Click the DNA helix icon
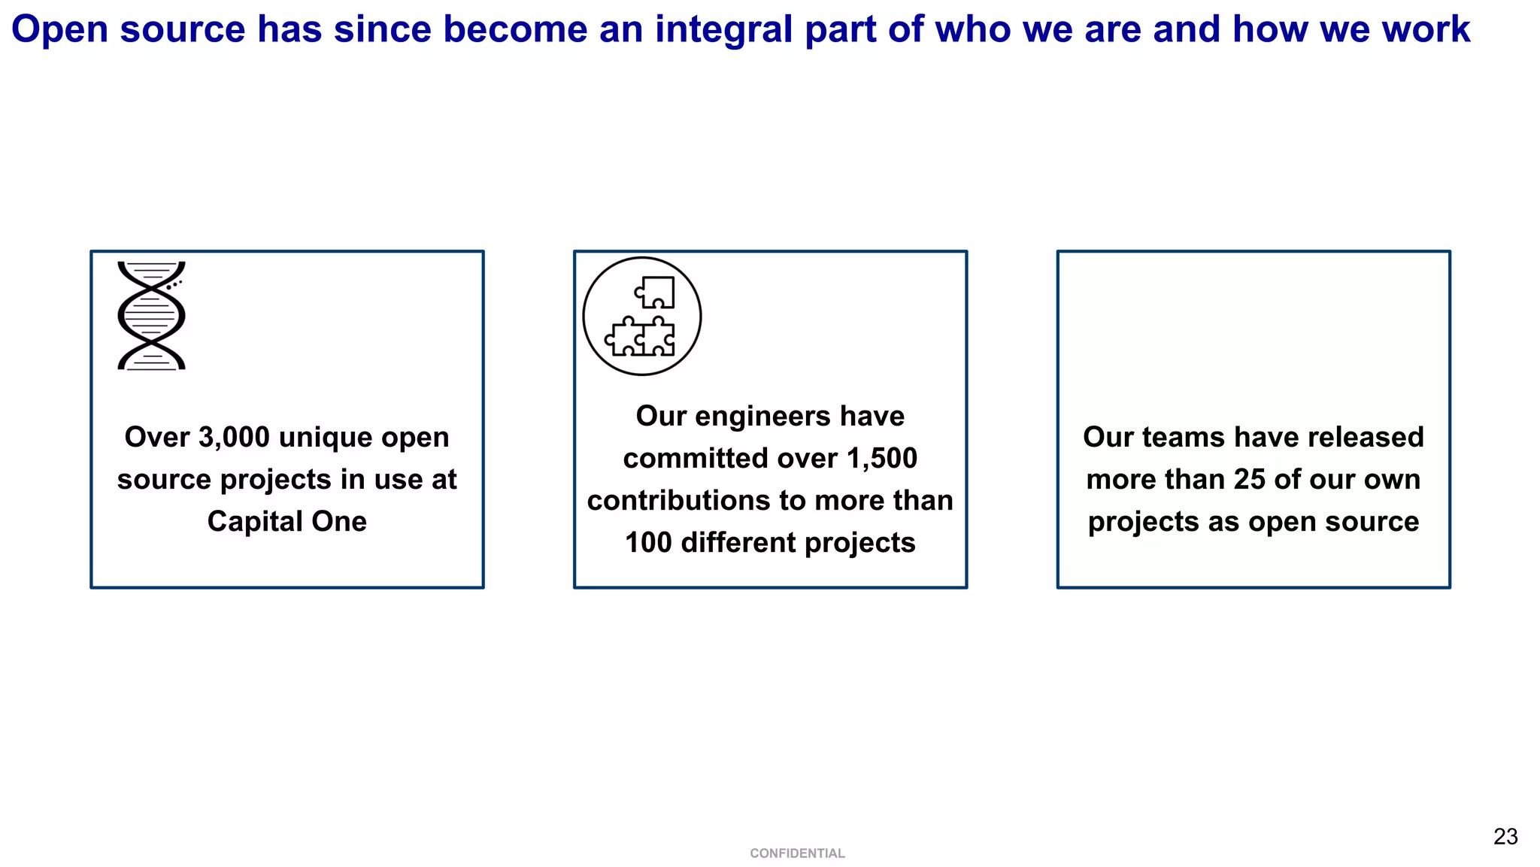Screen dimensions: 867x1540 [x=151, y=315]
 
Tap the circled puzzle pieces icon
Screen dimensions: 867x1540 [x=642, y=317]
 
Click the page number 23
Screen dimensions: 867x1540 [x=1505, y=837]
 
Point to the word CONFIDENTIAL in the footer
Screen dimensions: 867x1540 [x=797, y=853]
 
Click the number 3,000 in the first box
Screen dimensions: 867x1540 [x=234, y=438]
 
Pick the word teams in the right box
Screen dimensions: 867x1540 [x=1184, y=438]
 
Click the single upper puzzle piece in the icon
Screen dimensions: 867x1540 [x=656, y=292]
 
